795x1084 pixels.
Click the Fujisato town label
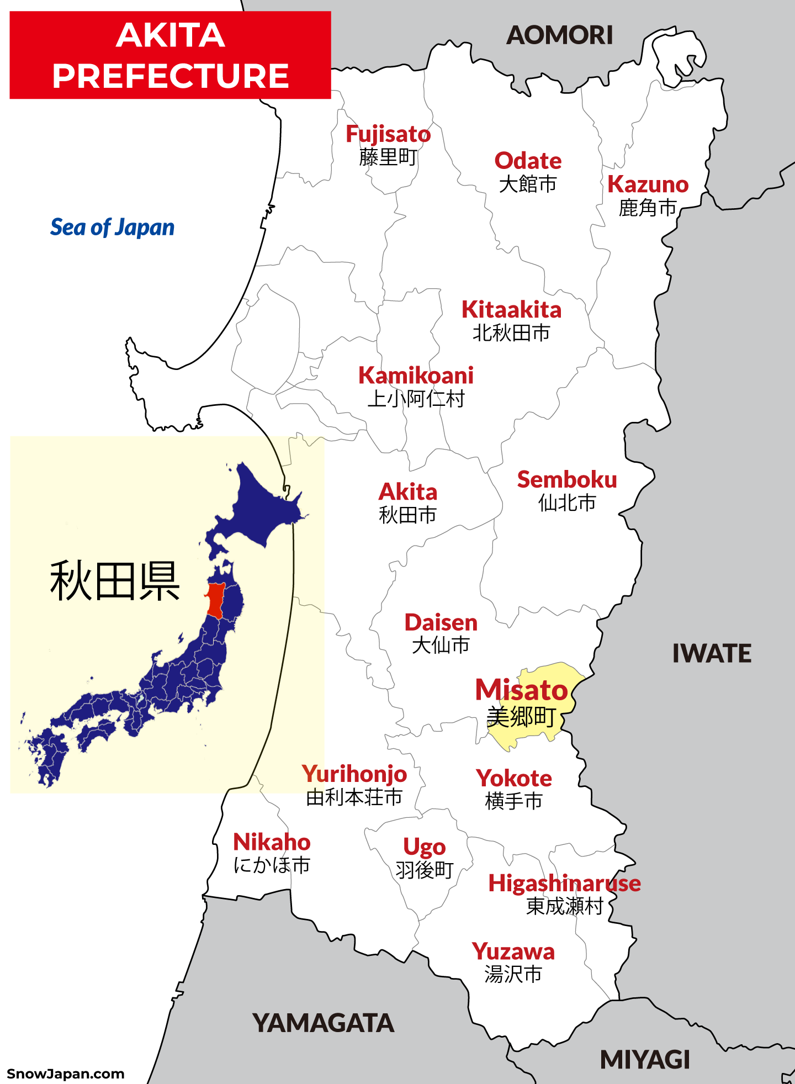(x=388, y=135)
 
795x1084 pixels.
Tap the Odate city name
(x=528, y=161)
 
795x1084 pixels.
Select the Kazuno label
(x=648, y=184)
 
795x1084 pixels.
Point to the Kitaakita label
(x=511, y=310)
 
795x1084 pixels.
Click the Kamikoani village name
(x=416, y=376)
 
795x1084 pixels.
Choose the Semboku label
(x=566, y=480)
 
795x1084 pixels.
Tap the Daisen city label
(x=441, y=623)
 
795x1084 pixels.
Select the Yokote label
(x=514, y=779)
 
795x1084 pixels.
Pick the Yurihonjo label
(x=354, y=774)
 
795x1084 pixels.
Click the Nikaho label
(x=272, y=843)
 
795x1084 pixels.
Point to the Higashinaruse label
(x=564, y=884)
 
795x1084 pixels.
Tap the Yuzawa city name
(x=513, y=952)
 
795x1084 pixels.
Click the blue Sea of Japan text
(x=112, y=228)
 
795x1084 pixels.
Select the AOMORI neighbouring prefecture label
(x=559, y=36)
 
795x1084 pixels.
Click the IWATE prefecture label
(x=711, y=654)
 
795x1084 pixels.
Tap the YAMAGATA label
(x=323, y=1023)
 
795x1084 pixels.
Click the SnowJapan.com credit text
(x=65, y=1074)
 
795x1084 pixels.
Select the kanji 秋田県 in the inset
(x=115, y=581)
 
